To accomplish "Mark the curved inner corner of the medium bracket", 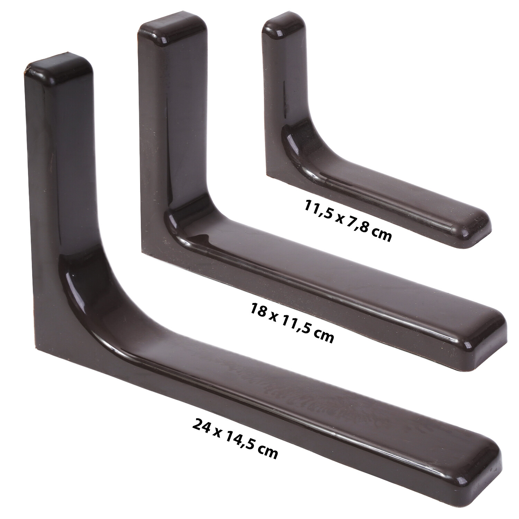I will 183,221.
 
